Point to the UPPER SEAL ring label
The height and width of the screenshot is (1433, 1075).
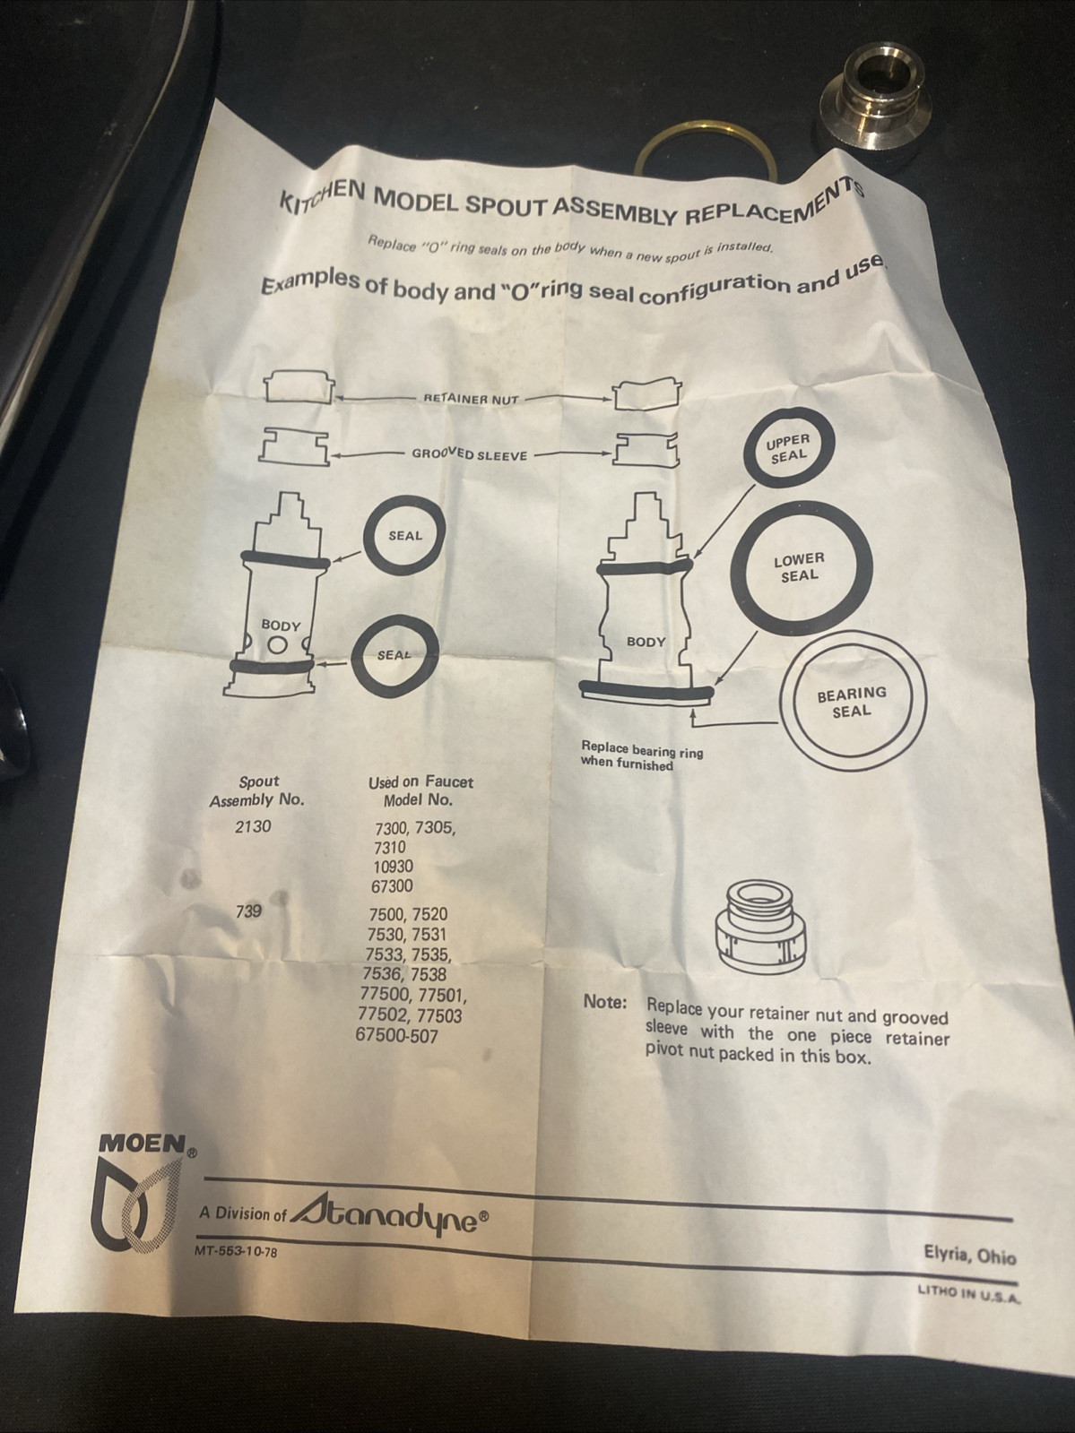click(788, 447)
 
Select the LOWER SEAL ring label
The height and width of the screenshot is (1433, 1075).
click(799, 566)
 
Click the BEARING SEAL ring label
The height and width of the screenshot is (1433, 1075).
click(851, 701)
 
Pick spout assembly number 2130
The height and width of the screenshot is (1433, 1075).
click(252, 826)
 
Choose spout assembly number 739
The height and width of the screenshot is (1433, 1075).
click(249, 911)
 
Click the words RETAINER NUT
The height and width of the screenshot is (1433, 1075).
click(471, 399)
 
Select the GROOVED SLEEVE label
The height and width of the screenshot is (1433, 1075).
click(469, 453)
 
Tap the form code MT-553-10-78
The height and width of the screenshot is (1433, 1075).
click(235, 1252)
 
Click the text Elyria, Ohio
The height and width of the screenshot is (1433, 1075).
click(970, 1256)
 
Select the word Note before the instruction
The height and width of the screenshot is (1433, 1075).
click(604, 1002)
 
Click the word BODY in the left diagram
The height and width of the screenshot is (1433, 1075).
click(280, 624)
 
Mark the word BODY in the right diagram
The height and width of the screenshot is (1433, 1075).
click(646, 642)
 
